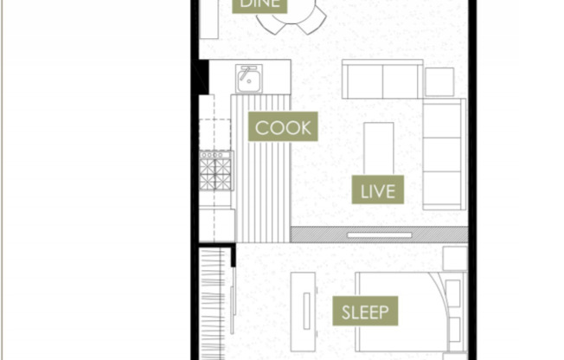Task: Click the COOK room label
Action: pyautogui.click(x=282, y=128)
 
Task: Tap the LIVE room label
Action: pyautogui.click(x=377, y=190)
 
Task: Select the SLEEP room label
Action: pyautogui.click(x=363, y=312)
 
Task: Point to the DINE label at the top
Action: pyautogui.click(x=260, y=4)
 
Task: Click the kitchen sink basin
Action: pyautogui.click(x=250, y=79)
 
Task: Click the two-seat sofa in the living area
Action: pyautogui.click(x=382, y=80)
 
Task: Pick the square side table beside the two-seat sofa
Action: pyautogui.click(x=439, y=81)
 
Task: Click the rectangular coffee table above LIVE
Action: pyautogui.click(x=378, y=143)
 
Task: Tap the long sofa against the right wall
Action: pyautogui.click(x=443, y=153)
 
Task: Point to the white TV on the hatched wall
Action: pyautogui.click(x=379, y=234)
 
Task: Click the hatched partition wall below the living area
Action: pyautogui.click(x=320, y=235)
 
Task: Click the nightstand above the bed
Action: pyautogui.click(x=454, y=259)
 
